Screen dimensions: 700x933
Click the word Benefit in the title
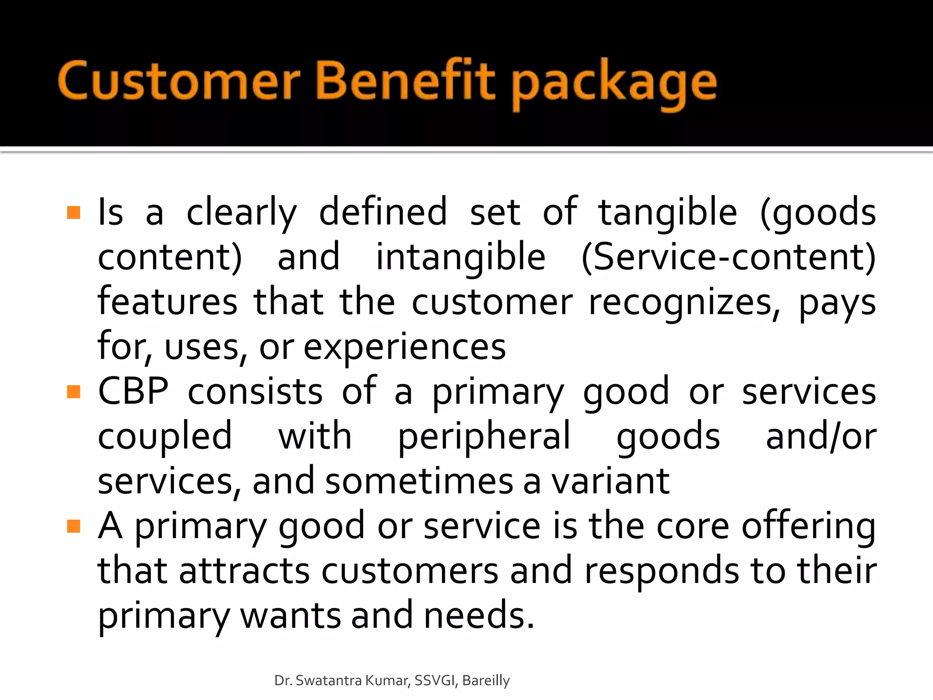click(x=405, y=81)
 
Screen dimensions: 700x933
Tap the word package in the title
click(x=615, y=84)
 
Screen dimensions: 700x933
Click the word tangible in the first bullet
click(x=667, y=213)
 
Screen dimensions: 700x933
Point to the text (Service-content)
click(x=728, y=257)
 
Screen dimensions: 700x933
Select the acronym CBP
click(x=133, y=391)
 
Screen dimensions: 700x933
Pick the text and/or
click(x=821, y=437)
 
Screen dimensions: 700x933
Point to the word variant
click(x=610, y=481)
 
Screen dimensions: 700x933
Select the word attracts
click(x=245, y=571)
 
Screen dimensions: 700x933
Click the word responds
click(x=661, y=571)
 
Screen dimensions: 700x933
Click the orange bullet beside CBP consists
click(x=73, y=391)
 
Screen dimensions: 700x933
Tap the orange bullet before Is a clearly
click(x=73, y=212)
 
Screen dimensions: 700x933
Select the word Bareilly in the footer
click(x=486, y=680)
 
